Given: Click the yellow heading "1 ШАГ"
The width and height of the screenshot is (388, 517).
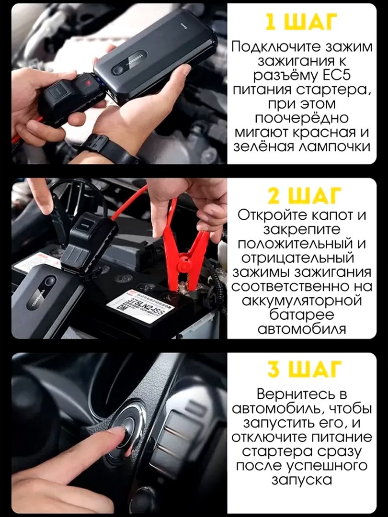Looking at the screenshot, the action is [302, 22].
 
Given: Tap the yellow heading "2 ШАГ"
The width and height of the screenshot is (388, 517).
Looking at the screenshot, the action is [302, 197].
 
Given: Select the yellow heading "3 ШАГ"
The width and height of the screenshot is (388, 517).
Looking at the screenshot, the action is [302, 369].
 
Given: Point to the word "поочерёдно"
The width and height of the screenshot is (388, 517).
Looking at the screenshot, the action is [302, 118].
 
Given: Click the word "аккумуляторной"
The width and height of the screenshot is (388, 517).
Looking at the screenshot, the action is [302, 301].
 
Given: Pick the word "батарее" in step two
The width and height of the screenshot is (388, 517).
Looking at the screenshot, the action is [302, 315].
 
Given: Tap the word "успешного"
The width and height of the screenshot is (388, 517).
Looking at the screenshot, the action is [326, 466].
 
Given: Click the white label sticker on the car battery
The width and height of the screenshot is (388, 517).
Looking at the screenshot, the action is [140, 305].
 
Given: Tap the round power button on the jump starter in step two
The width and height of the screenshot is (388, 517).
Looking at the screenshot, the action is [50, 281].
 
